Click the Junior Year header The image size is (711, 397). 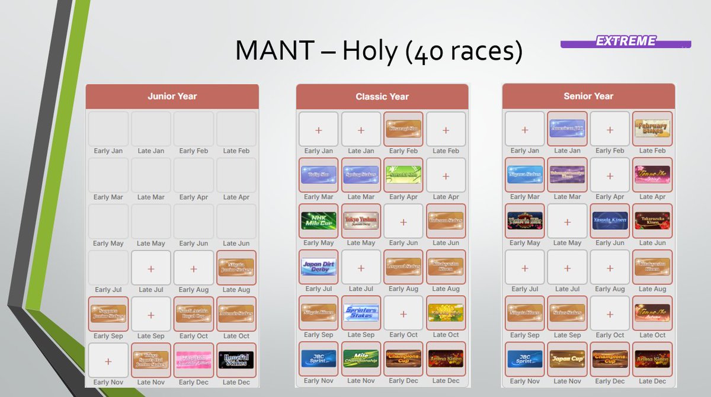click(172, 97)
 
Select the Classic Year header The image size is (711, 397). click(382, 97)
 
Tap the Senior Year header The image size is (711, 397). click(588, 96)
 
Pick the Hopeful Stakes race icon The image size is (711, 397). click(236, 359)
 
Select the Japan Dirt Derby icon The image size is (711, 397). click(319, 267)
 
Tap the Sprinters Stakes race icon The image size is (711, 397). click(361, 312)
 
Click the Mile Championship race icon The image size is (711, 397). click(361, 358)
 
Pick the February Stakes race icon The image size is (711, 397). click(652, 128)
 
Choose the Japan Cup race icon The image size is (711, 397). click(567, 358)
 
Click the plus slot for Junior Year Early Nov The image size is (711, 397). click(108, 360)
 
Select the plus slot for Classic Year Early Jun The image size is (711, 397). click(403, 222)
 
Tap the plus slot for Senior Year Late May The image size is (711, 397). click(567, 222)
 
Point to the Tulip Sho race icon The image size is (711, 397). click(319, 174)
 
